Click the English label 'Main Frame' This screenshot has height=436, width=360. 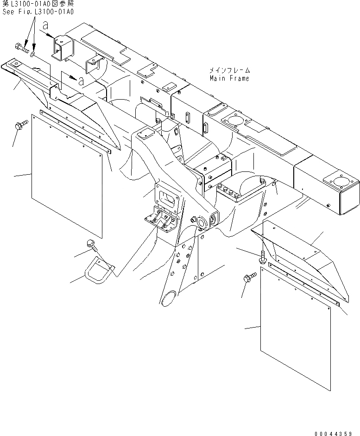[x=229, y=78]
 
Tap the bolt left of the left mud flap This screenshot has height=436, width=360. [x=21, y=125]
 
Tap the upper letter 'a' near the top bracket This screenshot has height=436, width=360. [x=45, y=26]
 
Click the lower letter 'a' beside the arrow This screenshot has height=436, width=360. [x=81, y=81]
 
